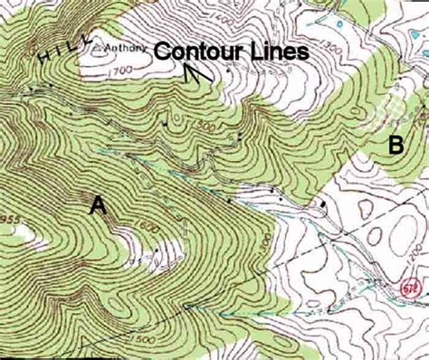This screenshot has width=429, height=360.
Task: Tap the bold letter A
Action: (98, 207)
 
